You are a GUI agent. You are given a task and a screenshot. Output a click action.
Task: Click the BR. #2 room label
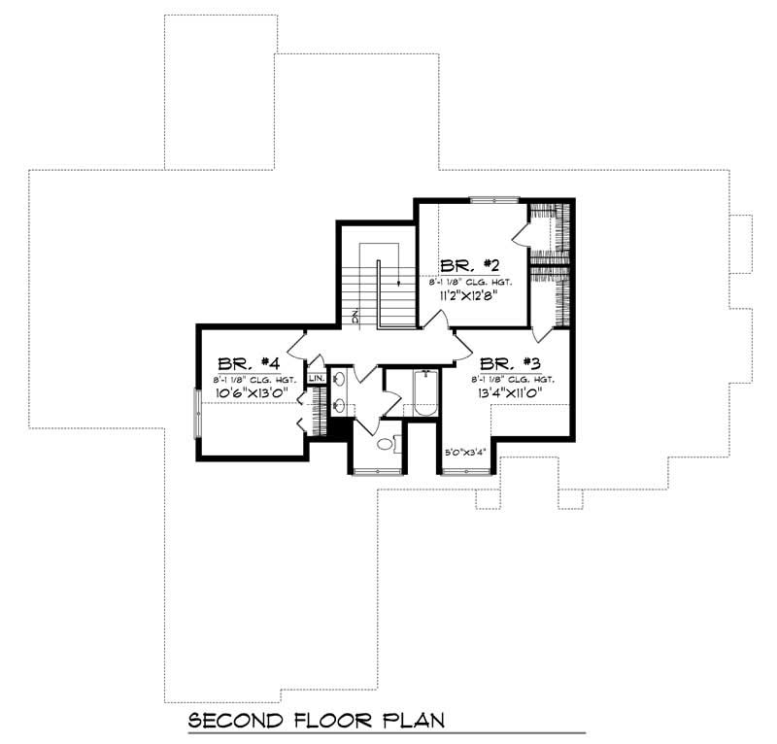point(470,265)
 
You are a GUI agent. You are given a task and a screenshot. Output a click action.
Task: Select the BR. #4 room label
point(244,359)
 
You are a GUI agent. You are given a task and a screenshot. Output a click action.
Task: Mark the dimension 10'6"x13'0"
point(246,392)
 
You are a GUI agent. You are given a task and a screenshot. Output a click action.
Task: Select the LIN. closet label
point(316,378)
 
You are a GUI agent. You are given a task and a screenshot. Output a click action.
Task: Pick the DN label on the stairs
point(356,317)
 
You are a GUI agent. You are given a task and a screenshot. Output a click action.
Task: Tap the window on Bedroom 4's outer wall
point(197,413)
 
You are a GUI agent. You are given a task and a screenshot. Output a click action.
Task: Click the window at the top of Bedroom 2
point(495,200)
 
